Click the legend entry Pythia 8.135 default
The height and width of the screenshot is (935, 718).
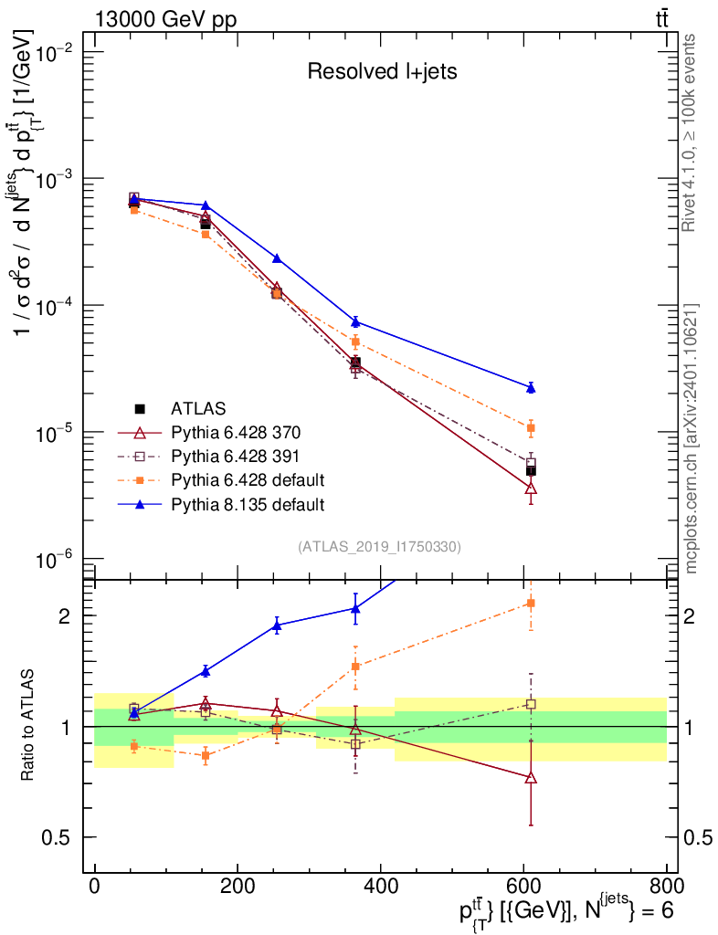coord(247,503)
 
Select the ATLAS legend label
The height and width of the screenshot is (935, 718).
coord(198,408)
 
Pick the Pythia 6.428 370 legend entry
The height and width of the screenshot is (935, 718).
coord(236,432)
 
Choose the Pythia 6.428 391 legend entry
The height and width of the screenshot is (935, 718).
coord(236,456)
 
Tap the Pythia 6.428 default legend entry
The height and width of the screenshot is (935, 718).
coord(247,479)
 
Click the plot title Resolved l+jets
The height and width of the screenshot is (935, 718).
coord(382,72)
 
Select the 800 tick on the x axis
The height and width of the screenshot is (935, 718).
coord(664,886)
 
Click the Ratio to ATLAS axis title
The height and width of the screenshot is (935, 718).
coord(29,727)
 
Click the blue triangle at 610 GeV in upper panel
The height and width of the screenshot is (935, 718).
coord(531,388)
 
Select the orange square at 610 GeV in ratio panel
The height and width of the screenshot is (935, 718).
coord(531,603)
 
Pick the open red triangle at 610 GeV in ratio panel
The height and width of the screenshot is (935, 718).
coord(531,778)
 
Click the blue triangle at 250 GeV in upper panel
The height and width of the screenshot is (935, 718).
coord(277,258)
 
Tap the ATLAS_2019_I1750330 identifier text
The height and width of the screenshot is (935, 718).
coord(378,547)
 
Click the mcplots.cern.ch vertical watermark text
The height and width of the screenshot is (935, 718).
coord(692,438)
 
